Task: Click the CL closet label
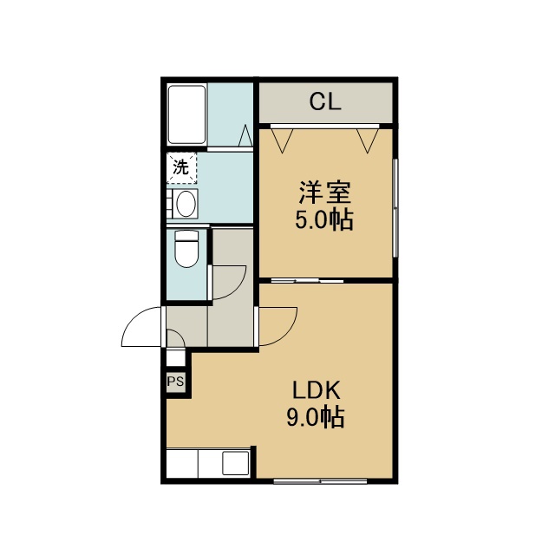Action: tap(325, 101)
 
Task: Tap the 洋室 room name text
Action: tap(325, 193)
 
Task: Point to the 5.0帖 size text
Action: tap(324, 220)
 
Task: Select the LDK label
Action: tap(317, 390)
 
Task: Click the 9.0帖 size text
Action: tap(316, 417)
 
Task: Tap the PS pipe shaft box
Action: tap(175, 382)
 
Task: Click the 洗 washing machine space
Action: tap(181, 167)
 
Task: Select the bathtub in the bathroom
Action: tap(187, 114)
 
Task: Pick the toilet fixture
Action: tap(186, 249)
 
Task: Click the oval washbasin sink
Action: tap(186, 204)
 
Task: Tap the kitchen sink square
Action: tap(235, 463)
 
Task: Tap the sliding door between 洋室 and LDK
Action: tap(307, 281)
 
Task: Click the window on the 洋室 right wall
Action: tap(395, 208)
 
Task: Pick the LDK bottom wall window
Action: tap(320, 481)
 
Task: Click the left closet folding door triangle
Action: tap(282, 140)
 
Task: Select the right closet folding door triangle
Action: tap(368, 140)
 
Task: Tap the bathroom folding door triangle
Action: tap(245, 135)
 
